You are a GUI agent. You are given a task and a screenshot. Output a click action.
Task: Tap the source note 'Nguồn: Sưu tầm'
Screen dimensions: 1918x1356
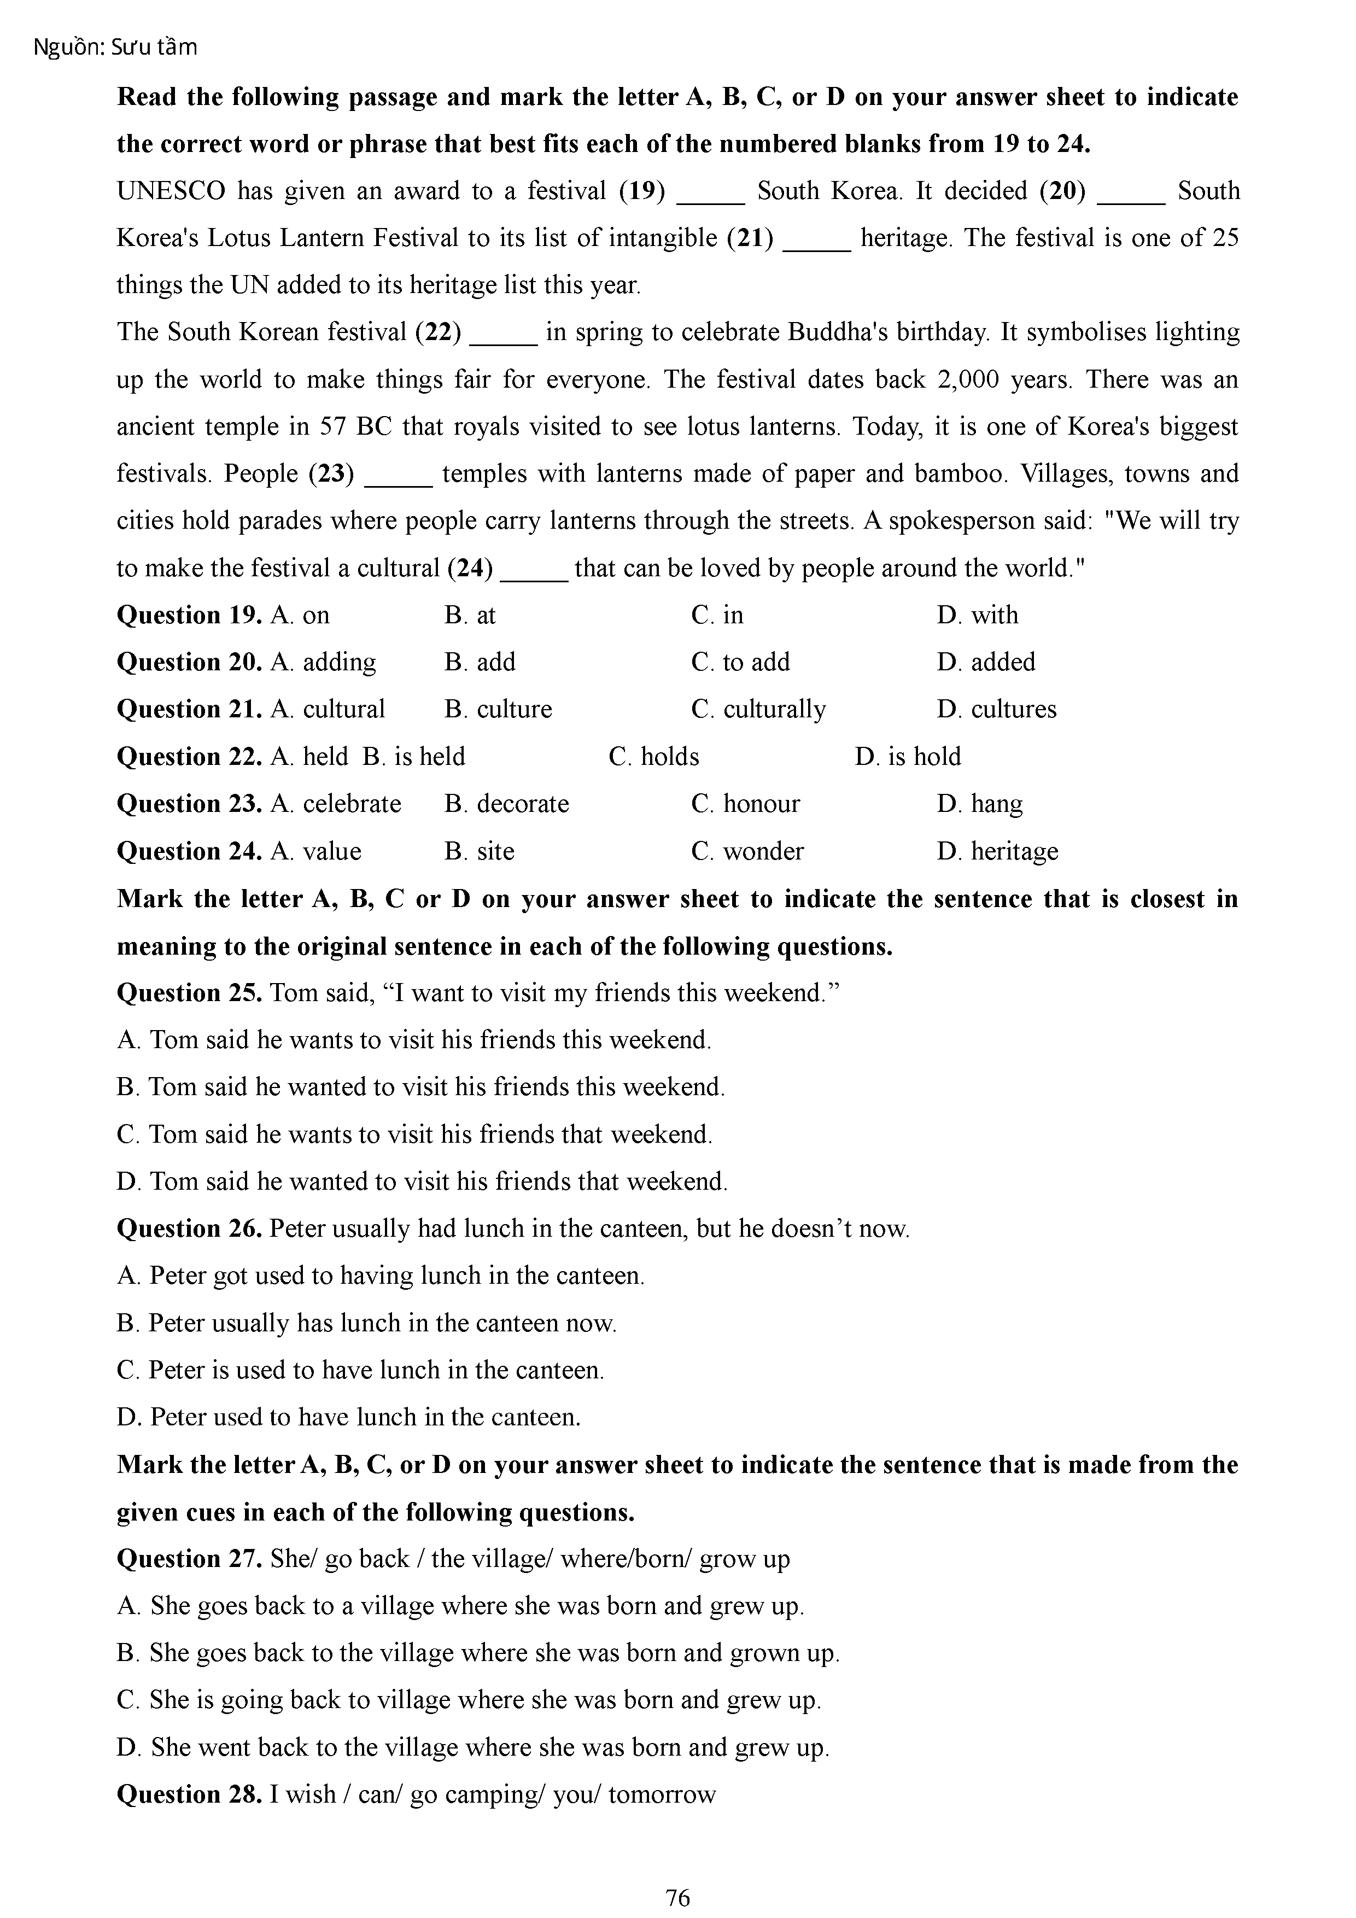pyautogui.click(x=115, y=48)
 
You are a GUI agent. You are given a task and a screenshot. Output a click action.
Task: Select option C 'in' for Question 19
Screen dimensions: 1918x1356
pyautogui.click(x=717, y=616)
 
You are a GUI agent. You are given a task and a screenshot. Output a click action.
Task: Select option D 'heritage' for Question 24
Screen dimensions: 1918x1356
pyautogui.click(x=997, y=851)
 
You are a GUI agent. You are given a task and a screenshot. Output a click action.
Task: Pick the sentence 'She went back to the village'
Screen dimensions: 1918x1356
pyautogui.click(x=473, y=1747)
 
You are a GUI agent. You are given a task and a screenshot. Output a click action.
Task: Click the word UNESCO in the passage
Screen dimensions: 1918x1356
pyautogui.click(x=171, y=191)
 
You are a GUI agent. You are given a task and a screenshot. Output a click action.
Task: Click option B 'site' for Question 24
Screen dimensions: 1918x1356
pyautogui.click(x=480, y=851)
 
